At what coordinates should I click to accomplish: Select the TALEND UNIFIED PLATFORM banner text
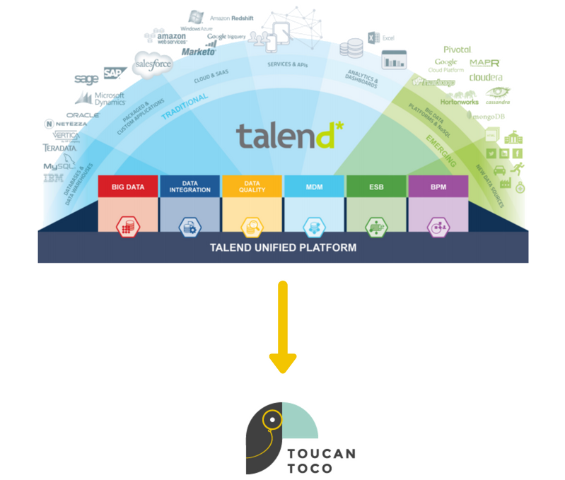(x=283, y=248)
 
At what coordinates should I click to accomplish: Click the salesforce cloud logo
(x=154, y=64)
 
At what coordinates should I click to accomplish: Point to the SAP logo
(x=112, y=73)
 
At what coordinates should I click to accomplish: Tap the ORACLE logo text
(x=83, y=115)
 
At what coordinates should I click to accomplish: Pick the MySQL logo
(x=59, y=167)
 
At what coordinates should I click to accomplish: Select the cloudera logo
(x=485, y=77)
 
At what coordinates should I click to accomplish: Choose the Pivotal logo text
(x=457, y=49)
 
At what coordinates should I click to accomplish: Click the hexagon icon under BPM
(x=438, y=227)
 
